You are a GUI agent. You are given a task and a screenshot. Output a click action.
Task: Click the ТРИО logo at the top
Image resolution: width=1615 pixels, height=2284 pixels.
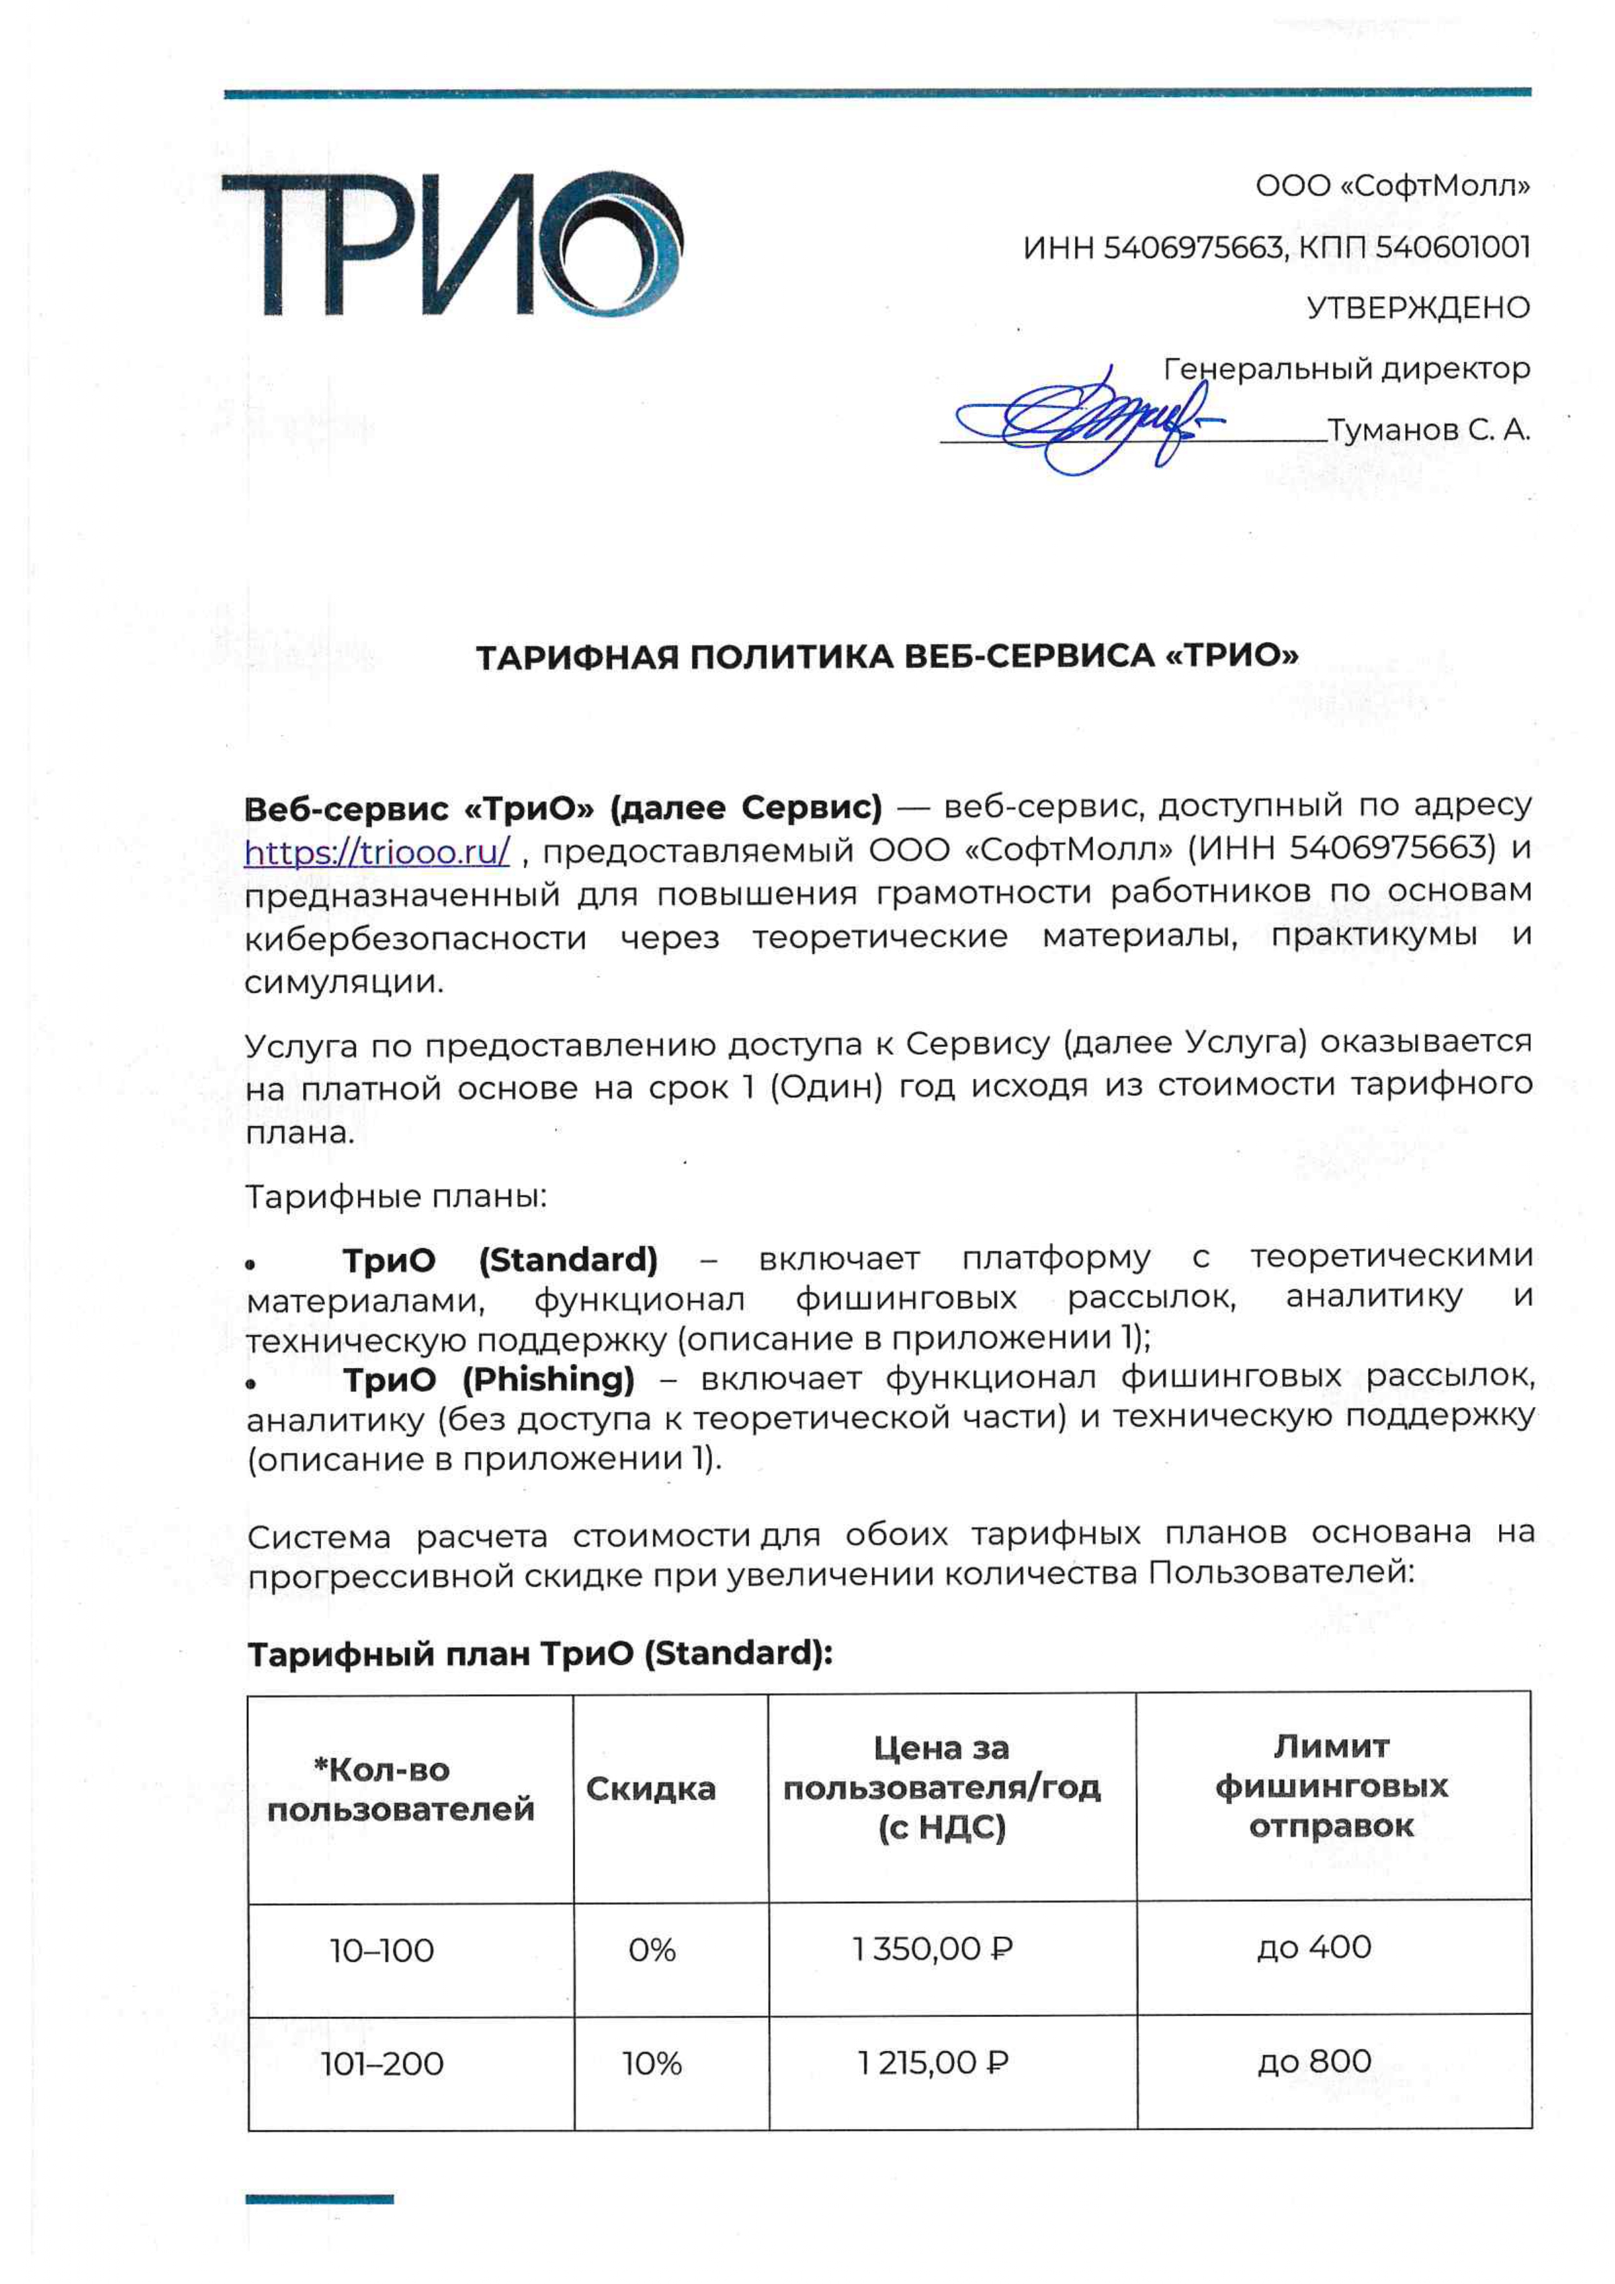453,244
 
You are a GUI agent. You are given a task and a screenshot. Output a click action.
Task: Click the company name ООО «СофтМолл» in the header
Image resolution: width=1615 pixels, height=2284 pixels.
1392,186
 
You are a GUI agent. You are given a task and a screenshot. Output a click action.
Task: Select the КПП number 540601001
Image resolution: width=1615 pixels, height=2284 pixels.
1453,247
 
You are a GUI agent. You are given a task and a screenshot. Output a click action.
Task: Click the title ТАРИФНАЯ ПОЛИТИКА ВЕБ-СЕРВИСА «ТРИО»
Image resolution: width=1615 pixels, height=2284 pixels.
886,656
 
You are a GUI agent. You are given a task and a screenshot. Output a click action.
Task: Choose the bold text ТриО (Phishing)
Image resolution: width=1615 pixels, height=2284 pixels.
488,1380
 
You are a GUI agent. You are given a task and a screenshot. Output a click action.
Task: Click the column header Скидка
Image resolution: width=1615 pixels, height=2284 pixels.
651,1789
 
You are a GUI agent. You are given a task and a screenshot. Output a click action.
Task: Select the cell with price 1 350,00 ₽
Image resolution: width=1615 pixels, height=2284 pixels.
933,1949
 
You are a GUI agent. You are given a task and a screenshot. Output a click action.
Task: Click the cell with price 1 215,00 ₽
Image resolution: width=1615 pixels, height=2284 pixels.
933,2063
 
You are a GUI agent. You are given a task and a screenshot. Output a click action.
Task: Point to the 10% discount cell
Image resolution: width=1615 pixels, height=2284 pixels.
652,2064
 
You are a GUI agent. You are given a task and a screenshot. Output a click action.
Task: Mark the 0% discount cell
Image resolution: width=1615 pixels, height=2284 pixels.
652,1950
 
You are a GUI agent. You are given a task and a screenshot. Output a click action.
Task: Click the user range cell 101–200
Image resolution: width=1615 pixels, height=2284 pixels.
382,2064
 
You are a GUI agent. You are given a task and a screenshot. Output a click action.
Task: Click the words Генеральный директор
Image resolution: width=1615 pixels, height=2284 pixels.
1346,369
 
